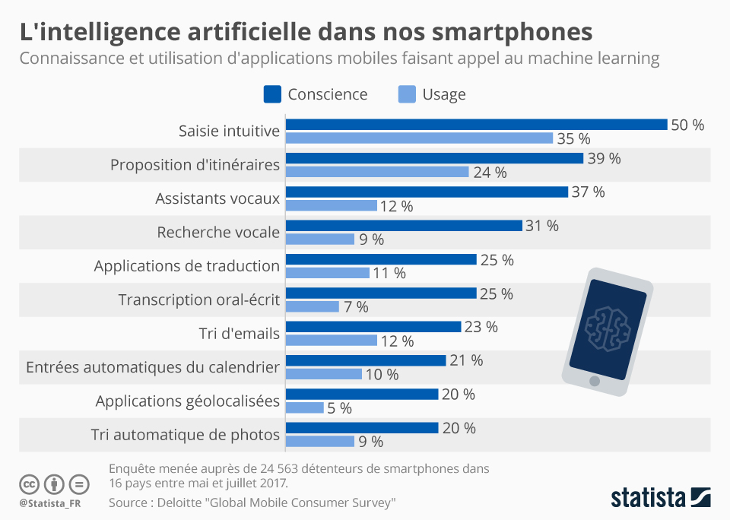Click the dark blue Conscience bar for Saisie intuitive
(476, 125)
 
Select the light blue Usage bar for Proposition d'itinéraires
(377, 172)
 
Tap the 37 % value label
(588, 192)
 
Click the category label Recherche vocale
(218, 232)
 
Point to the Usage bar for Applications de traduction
(328, 273)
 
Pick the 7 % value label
(355, 307)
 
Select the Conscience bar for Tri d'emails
(373, 326)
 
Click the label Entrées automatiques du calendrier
(153, 367)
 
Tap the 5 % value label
(339, 408)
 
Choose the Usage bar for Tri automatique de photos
(320, 441)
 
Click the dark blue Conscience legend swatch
(272, 94)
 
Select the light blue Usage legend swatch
(407, 94)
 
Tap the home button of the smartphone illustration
(595, 380)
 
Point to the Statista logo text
(648, 499)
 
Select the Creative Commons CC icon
(29, 484)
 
